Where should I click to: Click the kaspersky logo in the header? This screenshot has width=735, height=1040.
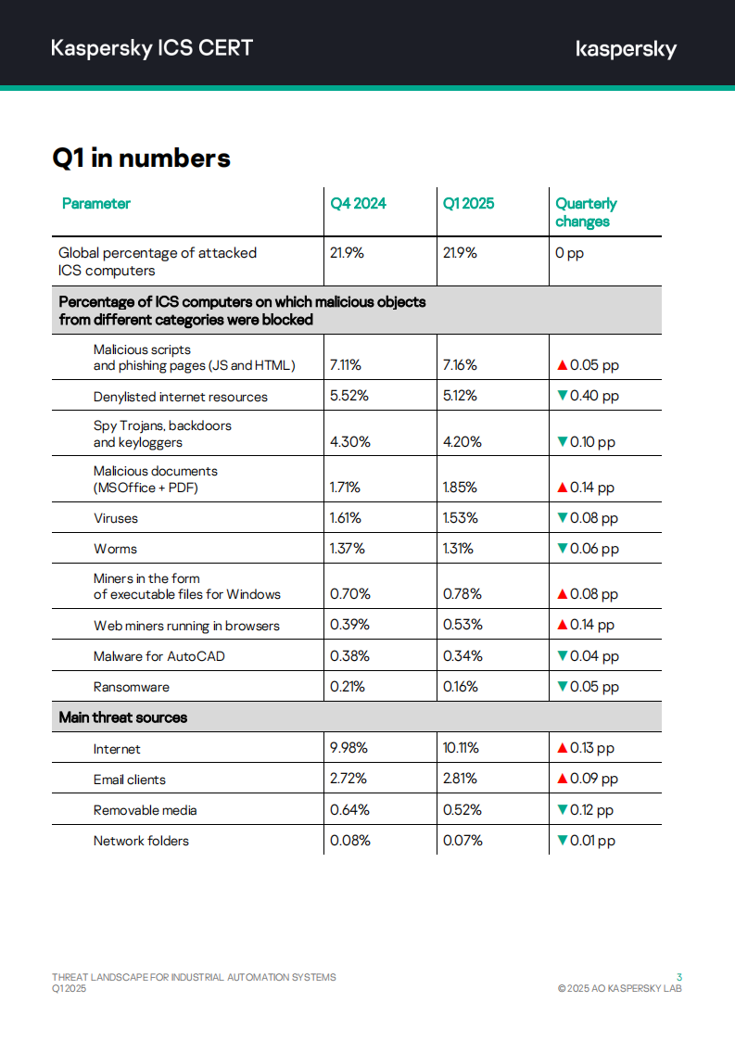coord(626,49)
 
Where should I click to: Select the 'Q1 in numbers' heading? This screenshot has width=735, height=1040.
coord(141,159)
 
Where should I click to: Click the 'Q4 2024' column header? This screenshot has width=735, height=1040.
coord(358,204)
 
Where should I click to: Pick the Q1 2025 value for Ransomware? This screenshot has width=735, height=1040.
coord(461,687)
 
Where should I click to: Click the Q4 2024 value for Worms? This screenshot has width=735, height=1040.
coord(348,549)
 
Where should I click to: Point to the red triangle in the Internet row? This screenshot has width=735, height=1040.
coord(562,748)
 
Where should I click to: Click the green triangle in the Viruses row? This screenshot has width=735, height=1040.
coord(562,518)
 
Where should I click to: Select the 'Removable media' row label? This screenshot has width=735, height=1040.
coord(145,810)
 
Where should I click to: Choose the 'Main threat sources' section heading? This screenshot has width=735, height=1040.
coord(122,717)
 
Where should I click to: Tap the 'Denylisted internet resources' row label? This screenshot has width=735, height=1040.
coord(180,397)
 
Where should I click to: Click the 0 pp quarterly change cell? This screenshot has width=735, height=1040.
coord(569,253)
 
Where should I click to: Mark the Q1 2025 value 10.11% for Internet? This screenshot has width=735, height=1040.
coord(462,748)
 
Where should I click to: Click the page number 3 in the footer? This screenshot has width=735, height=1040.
coord(679,977)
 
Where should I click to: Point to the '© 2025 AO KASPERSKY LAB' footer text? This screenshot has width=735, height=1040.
coord(619,989)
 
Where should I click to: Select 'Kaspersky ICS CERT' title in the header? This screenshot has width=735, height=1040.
coord(152,48)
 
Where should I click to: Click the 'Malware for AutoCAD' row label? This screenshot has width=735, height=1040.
coord(158,656)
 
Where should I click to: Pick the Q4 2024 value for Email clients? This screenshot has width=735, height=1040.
coord(348,779)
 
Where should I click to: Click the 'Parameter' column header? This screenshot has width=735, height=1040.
coord(96,204)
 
